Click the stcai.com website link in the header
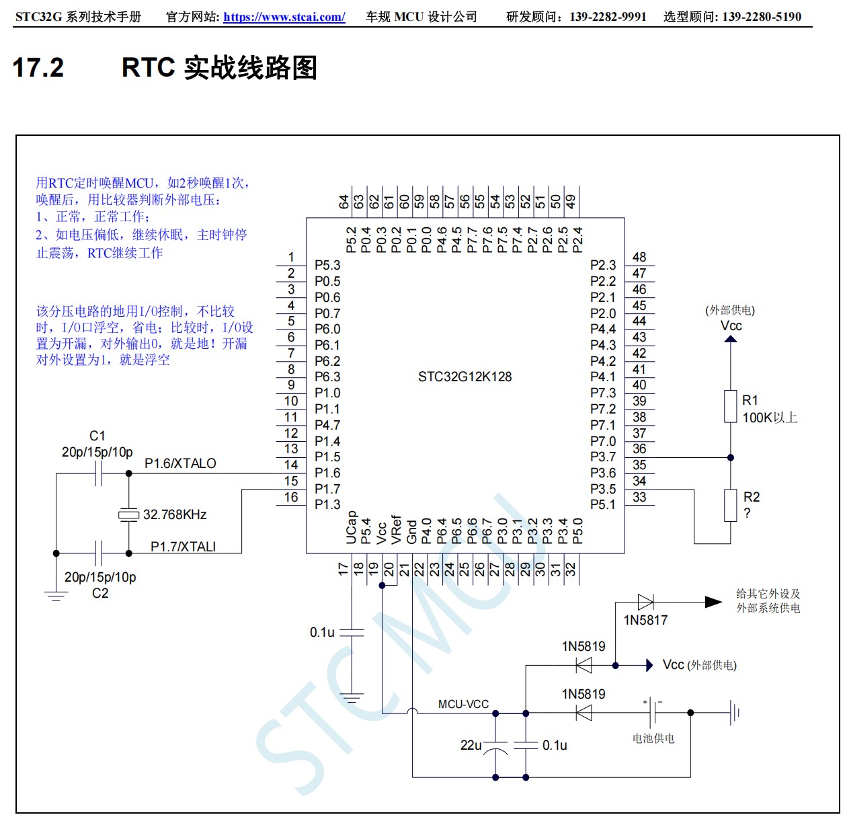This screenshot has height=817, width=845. (x=284, y=17)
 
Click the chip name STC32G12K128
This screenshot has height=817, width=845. (x=465, y=377)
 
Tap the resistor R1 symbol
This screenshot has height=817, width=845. (x=730, y=407)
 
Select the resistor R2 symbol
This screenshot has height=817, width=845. (x=730, y=506)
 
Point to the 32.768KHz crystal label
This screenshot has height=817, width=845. (x=175, y=514)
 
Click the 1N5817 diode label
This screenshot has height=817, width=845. (x=645, y=620)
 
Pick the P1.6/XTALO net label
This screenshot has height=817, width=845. (x=180, y=463)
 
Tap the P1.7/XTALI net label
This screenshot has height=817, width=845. (x=183, y=547)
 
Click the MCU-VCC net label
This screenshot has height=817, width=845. (x=463, y=704)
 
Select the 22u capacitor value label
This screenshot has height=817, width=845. (x=471, y=745)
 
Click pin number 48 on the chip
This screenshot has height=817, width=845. (x=639, y=257)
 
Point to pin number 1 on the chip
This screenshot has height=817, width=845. (x=291, y=257)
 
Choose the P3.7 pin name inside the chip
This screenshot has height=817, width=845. (x=603, y=457)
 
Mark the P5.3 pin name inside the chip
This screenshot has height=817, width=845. (x=327, y=265)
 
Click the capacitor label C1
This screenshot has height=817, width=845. (x=97, y=436)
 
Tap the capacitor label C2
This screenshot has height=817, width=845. (x=100, y=593)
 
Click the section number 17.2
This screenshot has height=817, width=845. (x=38, y=68)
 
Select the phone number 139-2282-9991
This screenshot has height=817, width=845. (x=608, y=17)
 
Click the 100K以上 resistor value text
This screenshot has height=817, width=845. (x=770, y=418)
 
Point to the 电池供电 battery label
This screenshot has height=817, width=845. (x=653, y=738)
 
